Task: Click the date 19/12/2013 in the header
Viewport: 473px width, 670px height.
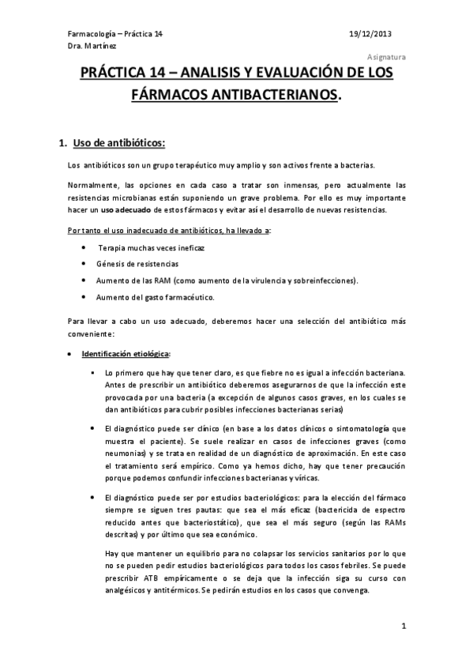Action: (370, 34)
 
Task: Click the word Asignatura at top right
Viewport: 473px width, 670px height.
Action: (387, 58)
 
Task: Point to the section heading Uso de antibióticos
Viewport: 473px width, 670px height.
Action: (118, 143)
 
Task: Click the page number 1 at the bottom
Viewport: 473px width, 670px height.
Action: (403, 627)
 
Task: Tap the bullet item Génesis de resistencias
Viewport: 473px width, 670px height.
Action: (137, 263)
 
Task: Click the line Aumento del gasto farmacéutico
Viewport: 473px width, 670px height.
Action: (149, 297)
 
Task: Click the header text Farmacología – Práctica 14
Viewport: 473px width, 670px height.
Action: (116, 34)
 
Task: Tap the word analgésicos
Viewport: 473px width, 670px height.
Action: (132, 592)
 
